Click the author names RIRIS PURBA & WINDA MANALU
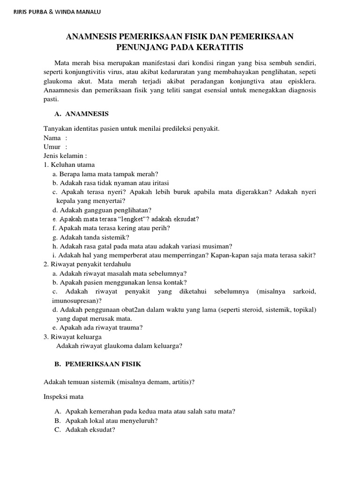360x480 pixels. tap(56, 11)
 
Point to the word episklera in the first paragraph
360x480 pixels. tap(300, 81)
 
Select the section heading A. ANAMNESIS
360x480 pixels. tap(82, 114)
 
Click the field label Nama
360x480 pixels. tap(52, 138)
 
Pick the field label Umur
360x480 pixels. tap(52, 147)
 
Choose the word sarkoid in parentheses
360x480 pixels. tap(303, 292)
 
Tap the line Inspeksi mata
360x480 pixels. tap(63, 397)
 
